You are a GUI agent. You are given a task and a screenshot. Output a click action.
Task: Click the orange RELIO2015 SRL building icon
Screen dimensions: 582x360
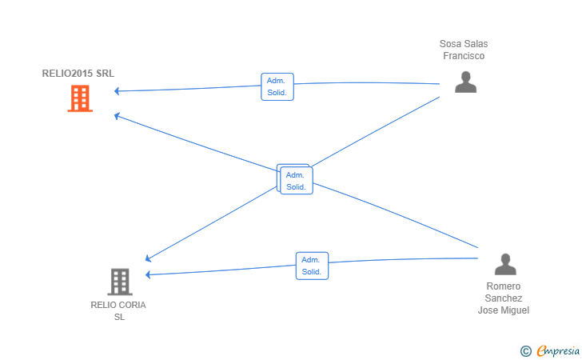point(80,98)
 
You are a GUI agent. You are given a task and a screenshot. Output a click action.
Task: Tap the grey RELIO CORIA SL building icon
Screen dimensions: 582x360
point(120,282)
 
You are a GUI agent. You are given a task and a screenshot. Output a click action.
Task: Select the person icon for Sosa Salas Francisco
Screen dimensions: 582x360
point(465,82)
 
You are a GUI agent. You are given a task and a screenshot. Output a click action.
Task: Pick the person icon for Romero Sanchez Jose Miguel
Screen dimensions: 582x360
point(505,264)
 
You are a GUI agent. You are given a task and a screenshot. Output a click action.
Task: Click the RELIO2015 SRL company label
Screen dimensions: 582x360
point(78,73)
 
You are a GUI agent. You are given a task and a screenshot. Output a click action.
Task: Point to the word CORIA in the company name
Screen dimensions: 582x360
point(131,305)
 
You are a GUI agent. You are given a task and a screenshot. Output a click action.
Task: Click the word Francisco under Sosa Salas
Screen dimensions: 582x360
point(464,56)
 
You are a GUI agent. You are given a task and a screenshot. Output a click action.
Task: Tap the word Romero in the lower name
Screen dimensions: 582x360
point(504,286)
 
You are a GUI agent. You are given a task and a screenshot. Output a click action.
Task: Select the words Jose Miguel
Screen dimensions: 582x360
point(504,310)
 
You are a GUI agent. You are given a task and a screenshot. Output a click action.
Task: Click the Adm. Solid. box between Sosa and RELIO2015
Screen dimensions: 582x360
point(277,86)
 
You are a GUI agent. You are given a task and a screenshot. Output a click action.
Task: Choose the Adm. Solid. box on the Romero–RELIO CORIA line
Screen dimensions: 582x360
point(312,266)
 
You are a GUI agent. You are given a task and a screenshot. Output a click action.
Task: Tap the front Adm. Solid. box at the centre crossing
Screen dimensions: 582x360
point(297,181)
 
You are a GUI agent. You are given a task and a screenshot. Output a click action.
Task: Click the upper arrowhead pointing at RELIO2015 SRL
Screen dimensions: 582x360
point(117,90)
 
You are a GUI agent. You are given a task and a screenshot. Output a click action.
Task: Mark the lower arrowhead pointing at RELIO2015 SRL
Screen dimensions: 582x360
point(117,116)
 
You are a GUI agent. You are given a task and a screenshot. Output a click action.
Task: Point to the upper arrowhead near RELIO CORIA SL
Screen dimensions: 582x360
point(148,258)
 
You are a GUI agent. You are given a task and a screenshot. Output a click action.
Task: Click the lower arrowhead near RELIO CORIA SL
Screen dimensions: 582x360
point(148,274)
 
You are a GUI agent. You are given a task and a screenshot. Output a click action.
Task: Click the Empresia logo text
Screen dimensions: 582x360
point(558,350)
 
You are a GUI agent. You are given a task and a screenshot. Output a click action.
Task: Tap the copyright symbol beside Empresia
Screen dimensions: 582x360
point(525,351)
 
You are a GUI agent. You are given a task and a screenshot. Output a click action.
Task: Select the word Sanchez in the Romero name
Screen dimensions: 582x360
point(504,298)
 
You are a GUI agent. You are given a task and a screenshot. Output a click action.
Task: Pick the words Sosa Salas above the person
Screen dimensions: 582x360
point(464,44)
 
